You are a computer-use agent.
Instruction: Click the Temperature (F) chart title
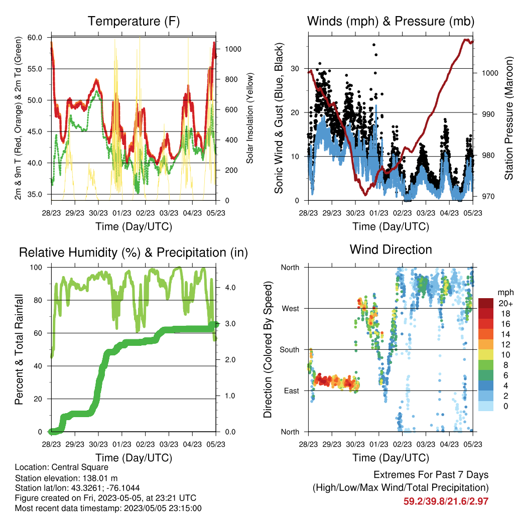[x=134, y=21]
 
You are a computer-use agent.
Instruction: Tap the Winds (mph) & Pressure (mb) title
[x=391, y=21]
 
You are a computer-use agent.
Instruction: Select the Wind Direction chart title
[x=391, y=249]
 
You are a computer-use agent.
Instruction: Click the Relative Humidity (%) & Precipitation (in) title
[x=134, y=253]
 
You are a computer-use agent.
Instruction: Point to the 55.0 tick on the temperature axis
[x=35, y=69]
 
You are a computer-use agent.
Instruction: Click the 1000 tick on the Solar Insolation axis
[x=233, y=49]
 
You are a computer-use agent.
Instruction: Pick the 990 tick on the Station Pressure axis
[x=488, y=114]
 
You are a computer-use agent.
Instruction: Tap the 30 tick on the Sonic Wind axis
[x=295, y=69]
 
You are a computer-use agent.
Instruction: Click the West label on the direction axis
[x=291, y=309]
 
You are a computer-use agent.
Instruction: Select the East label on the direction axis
[x=292, y=391]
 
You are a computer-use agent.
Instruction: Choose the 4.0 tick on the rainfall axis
[x=230, y=288]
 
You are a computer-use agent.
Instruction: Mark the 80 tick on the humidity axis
[x=38, y=300]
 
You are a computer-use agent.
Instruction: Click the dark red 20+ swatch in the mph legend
[x=486, y=303]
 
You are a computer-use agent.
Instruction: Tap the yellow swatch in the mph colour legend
[x=486, y=355]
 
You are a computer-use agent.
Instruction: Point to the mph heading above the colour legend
[x=505, y=293]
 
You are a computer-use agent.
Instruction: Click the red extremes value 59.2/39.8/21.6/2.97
[x=446, y=501]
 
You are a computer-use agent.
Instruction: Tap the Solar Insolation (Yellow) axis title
[x=250, y=118]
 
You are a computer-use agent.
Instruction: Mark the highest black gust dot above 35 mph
[x=374, y=45]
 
